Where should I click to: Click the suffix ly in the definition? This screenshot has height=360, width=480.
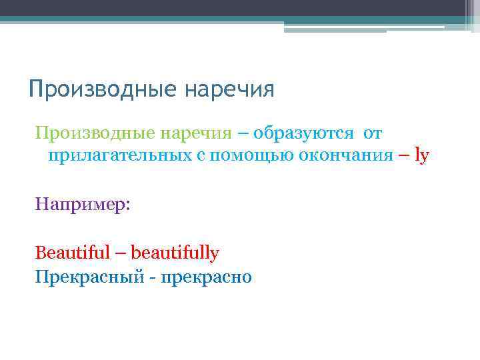pos(421,156)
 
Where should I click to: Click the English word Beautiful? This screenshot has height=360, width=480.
pos(73,253)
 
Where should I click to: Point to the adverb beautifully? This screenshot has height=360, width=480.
pos(175,253)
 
